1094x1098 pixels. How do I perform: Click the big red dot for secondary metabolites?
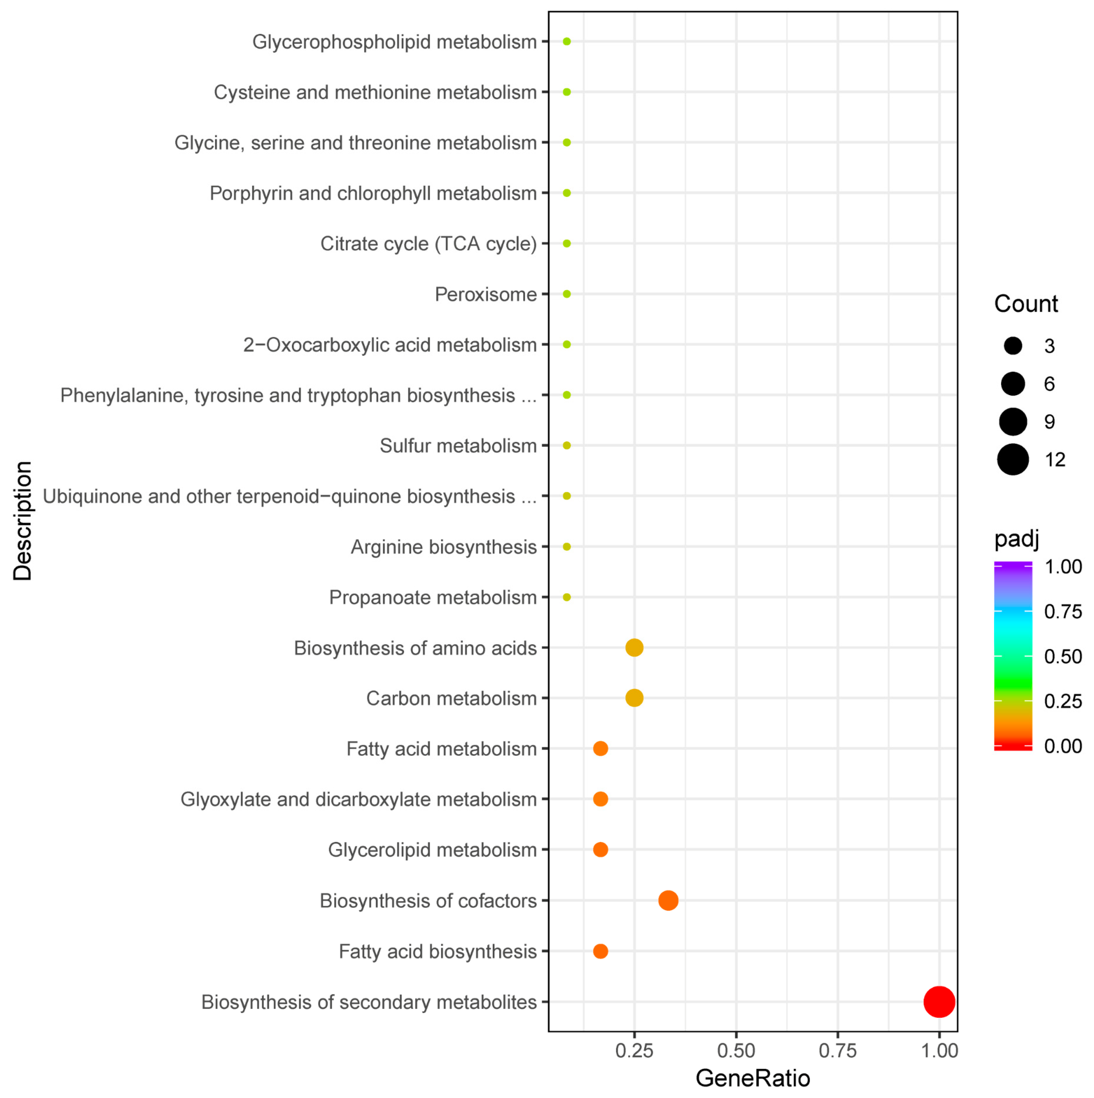939,1002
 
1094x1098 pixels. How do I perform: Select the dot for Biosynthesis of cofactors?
668,900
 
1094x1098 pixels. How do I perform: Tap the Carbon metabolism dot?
634,698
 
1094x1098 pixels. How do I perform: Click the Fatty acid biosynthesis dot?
601,951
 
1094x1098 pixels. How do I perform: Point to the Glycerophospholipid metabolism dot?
566,42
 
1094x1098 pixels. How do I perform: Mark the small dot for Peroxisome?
566,294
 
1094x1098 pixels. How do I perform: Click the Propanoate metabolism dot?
566,597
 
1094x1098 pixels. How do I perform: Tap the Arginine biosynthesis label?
443,547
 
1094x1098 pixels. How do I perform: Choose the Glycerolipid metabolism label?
432,849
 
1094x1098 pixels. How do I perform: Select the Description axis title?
23,521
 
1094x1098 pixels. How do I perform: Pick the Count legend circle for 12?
1013,460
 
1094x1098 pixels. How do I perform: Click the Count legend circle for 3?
1013,346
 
